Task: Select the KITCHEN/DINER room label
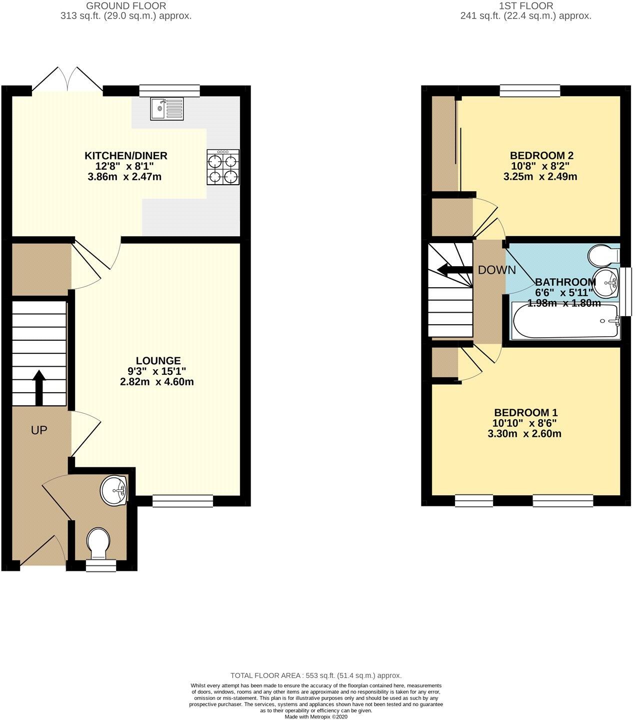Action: click(125, 156)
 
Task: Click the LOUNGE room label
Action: click(158, 361)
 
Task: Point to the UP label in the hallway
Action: click(39, 430)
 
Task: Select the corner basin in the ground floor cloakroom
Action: click(115, 489)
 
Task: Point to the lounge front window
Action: click(183, 501)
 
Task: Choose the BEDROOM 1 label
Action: click(525, 412)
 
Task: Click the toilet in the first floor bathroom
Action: click(604, 255)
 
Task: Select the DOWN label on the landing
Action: click(497, 270)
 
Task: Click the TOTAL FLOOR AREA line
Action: click(315, 675)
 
